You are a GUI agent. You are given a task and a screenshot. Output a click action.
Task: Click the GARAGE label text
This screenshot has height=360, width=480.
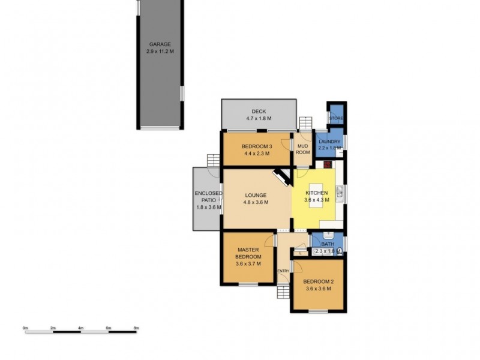[x=159, y=44]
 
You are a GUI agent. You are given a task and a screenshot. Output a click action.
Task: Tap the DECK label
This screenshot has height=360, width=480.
[x=259, y=111]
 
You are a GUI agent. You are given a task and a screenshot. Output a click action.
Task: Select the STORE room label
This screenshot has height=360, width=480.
[x=336, y=118]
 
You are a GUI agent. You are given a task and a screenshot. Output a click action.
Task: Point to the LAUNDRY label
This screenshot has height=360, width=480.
[x=329, y=142]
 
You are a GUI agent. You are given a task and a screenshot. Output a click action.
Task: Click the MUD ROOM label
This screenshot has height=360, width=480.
[x=303, y=149]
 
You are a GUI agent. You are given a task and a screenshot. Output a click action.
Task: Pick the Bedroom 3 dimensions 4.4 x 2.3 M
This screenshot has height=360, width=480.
[x=257, y=154]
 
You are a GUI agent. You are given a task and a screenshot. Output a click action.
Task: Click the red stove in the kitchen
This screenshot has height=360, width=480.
[x=328, y=164]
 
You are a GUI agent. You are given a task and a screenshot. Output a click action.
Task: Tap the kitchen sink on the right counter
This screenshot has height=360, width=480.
[x=340, y=193]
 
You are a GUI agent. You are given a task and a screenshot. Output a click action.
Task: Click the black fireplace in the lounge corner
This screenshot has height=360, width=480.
[x=281, y=177]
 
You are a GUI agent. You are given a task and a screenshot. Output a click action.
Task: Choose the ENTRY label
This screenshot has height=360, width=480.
[x=283, y=271]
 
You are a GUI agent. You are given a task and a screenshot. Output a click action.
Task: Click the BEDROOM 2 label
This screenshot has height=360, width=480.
[x=318, y=281]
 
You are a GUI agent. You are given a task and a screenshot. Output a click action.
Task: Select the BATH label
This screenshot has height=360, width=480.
[x=328, y=244]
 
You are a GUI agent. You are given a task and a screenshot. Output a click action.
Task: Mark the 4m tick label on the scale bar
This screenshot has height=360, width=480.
[x=80, y=328]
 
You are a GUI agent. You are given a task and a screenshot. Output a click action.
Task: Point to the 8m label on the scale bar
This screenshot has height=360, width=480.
[x=136, y=328]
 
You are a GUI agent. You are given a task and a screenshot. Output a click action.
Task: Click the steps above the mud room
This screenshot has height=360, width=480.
[x=306, y=123]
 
